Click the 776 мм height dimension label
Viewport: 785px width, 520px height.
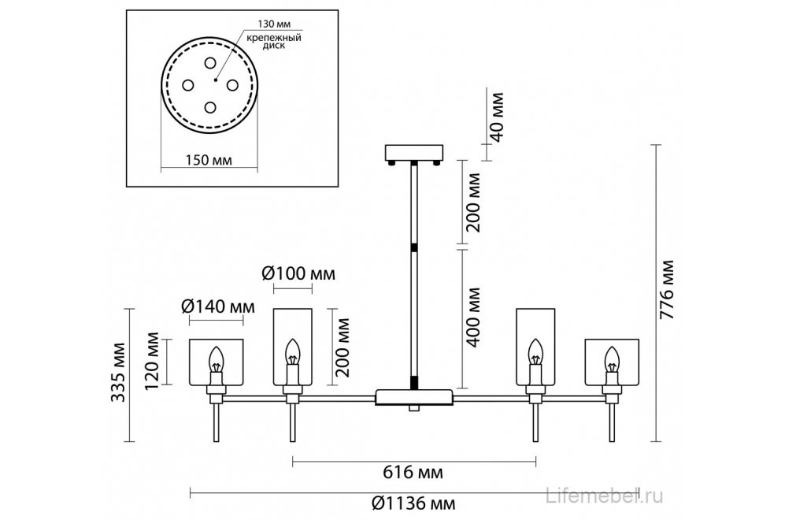pyautogui.click(x=666, y=290)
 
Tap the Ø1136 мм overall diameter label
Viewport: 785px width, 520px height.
pyautogui.click(x=413, y=503)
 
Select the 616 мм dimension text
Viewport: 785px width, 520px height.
pyautogui.click(x=413, y=472)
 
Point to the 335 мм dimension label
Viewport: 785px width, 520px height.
pyautogui.click(x=118, y=372)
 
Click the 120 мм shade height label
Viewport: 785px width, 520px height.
pyautogui.click(x=152, y=360)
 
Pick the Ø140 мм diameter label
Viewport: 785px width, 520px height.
pyautogui.click(x=218, y=306)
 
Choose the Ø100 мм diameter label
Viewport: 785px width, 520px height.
pyautogui.click(x=298, y=273)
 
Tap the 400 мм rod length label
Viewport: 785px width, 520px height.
pyautogui.click(x=472, y=318)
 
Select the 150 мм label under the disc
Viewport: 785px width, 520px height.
pyautogui.click(x=209, y=160)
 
